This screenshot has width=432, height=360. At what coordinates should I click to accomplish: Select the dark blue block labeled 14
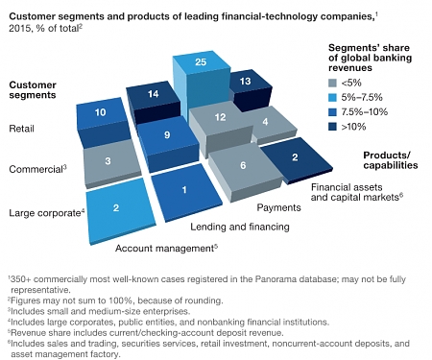tap(154, 95)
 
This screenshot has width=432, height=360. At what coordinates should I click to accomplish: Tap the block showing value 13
tap(245, 84)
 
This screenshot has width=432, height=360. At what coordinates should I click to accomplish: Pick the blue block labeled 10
tap(101, 113)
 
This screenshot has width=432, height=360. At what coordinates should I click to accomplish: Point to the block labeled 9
tap(167, 136)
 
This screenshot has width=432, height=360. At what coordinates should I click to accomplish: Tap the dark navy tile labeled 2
tap(296, 156)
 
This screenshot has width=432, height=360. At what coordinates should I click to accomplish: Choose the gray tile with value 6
tap(244, 165)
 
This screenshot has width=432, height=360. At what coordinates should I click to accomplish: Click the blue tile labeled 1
tap(184, 190)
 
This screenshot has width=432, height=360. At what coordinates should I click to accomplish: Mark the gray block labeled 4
tap(265, 122)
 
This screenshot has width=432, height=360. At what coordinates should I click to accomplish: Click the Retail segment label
tap(22, 128)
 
